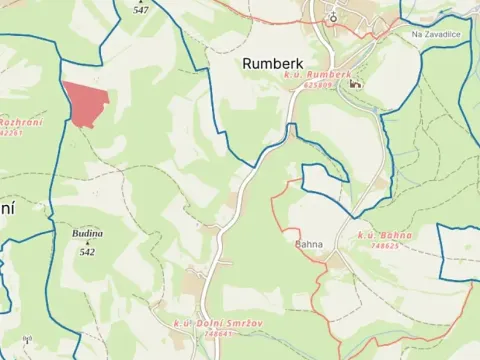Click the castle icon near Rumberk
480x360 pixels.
tap(354, 84)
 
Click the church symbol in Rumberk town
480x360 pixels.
tap(333, 16)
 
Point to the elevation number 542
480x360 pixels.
tap(87, 252)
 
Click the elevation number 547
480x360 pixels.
tap(140, 9)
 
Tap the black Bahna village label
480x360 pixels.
tap(310, 243)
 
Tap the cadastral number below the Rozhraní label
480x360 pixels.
tap(10, 132)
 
